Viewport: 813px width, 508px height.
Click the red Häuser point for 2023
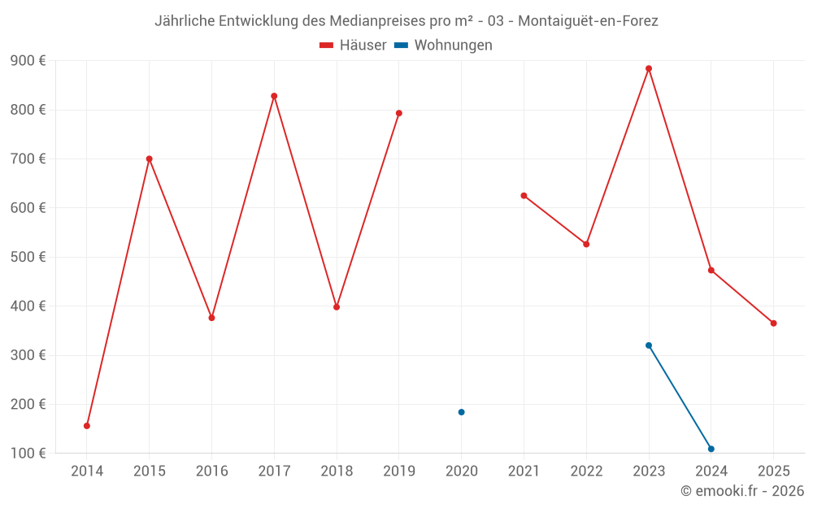point(649,68)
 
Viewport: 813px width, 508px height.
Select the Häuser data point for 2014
point(87,426)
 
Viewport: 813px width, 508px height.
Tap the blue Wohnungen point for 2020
point(461,412)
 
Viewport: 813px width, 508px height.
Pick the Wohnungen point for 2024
point(711,449)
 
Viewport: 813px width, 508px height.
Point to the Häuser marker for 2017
point(274,96)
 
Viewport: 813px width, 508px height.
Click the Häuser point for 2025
point(773,323)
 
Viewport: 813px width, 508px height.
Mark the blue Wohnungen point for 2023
point(649,345)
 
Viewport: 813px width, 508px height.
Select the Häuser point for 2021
point(524,196)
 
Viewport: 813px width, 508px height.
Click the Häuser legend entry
point(353,46)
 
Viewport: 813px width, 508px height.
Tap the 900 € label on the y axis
point(28,61)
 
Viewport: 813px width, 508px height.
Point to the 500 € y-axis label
point(28,257)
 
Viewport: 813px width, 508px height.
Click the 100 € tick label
point(28,453)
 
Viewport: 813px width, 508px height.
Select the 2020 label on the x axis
point(461,471)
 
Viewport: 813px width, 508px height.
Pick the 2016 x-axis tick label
point(211,471)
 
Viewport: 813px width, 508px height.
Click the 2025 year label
point(773,471)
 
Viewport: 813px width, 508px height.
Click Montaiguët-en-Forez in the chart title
point(588,21)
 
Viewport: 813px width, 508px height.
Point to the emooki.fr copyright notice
point(741,491)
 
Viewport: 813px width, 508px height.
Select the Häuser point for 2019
point(399,113)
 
